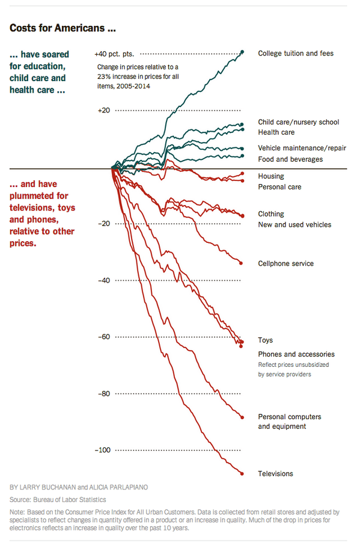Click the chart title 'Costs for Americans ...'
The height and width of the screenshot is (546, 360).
tap(63, 28)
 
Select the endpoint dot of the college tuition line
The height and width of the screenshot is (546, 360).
tap(242, 52)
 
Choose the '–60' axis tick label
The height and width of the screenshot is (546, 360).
tap(105, 337)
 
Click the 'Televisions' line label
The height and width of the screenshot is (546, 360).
tap(275, 474)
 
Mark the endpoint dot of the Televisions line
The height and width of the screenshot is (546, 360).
tap(242, 474)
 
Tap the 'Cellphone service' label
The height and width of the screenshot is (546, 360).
tap(285, 264)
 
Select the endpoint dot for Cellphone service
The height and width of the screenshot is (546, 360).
tap(241, 263)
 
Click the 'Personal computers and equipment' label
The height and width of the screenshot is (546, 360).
tap(289, 422)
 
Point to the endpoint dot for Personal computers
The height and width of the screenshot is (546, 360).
tap(242, 417)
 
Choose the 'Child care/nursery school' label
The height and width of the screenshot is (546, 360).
tap(298, 122)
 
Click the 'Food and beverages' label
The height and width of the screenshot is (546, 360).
tap(290, 159)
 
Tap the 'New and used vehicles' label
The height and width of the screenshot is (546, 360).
tap(294, 225)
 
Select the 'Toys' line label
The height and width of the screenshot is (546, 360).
tap(266, 340)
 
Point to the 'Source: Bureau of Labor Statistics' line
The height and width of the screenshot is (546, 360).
tap(58, 500)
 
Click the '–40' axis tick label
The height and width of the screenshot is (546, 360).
tap(105, 280)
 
